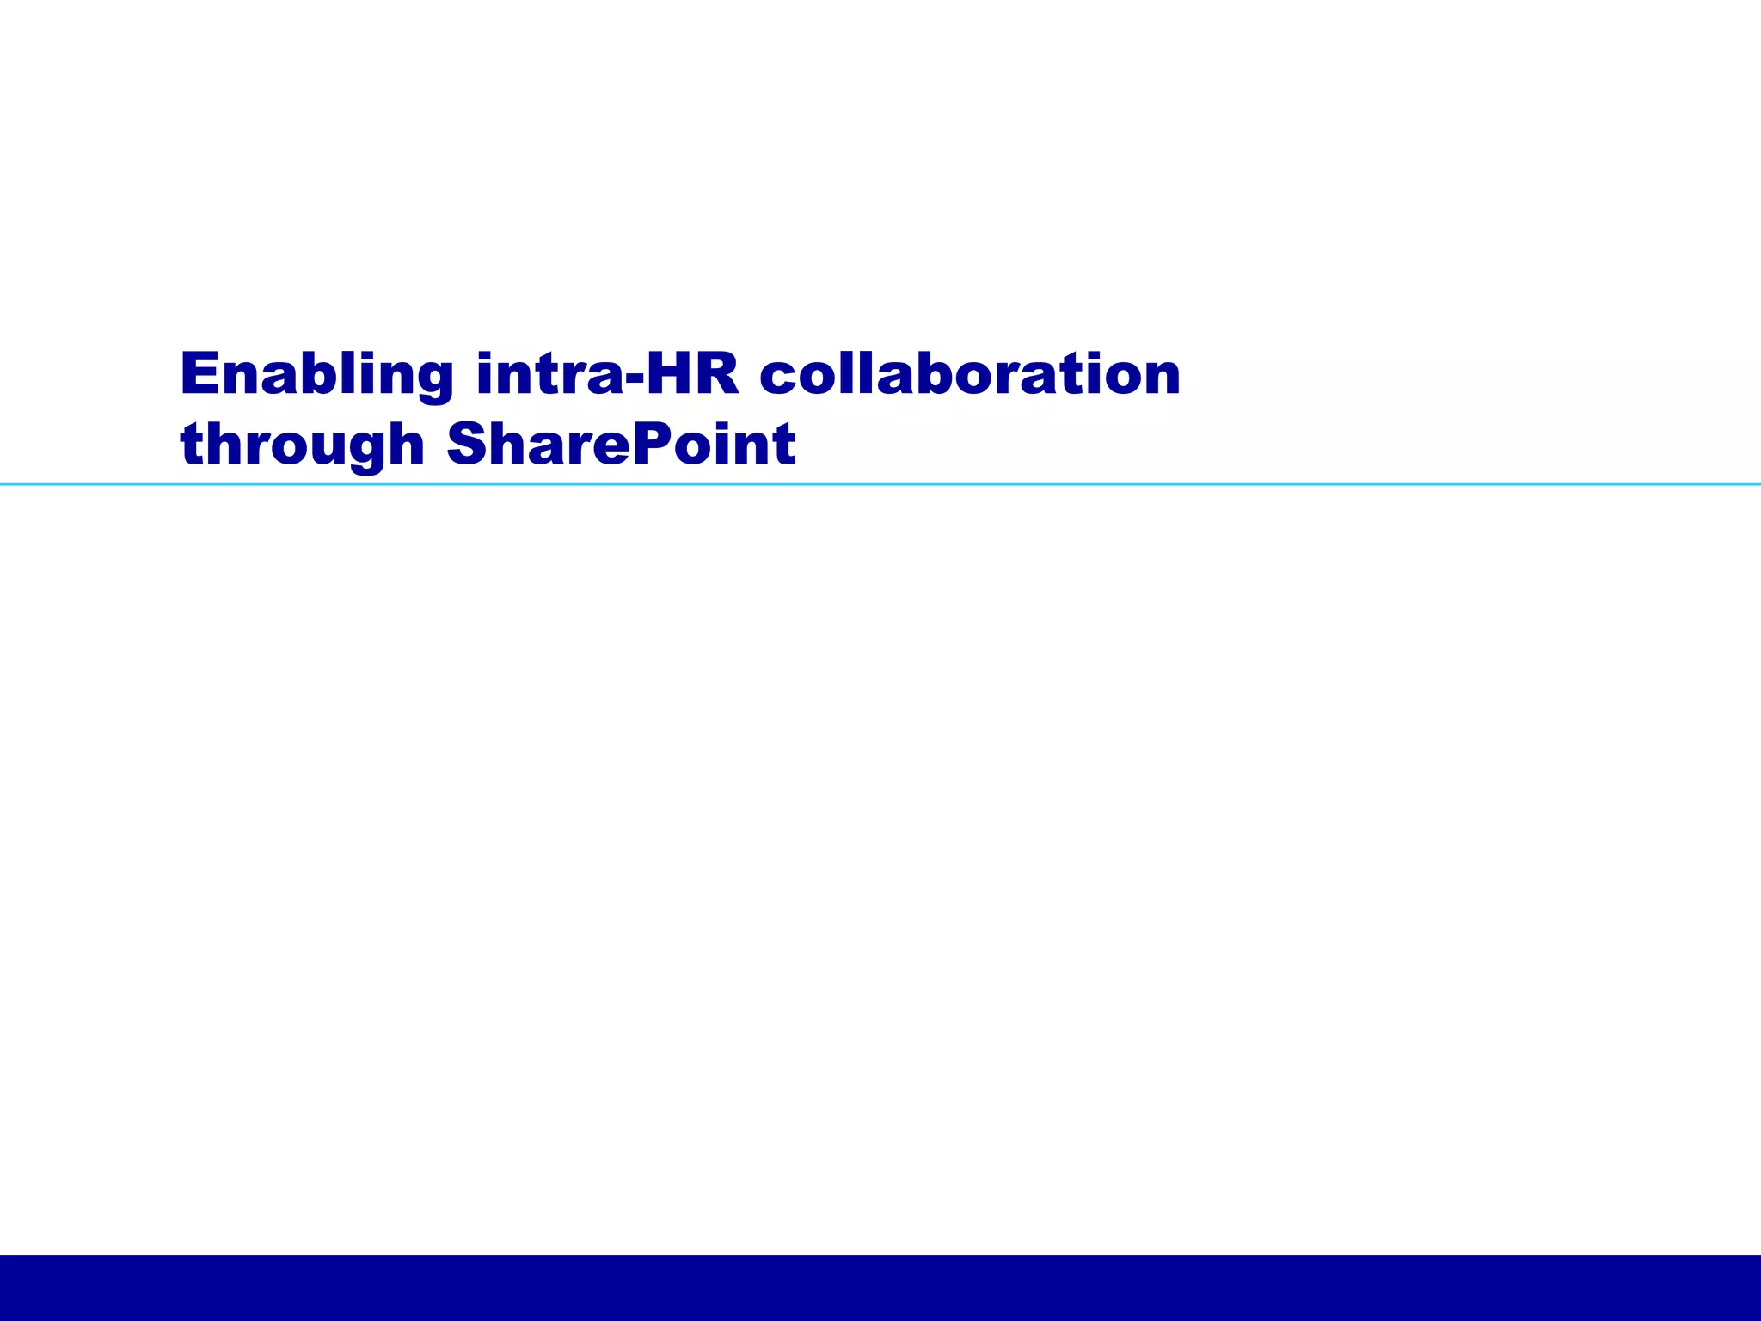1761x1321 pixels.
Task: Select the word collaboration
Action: pyautogui.click(x=970, y=375)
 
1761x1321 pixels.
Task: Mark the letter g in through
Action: pyautogui.click(x=361, y=452)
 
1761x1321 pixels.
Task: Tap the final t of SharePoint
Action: pyautogui.click(x=783, y=445)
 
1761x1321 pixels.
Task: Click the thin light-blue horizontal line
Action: pyautogui.click(x=880, y=485)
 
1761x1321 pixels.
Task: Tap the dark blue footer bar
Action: pyautogui.click(x=880, y=1287)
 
